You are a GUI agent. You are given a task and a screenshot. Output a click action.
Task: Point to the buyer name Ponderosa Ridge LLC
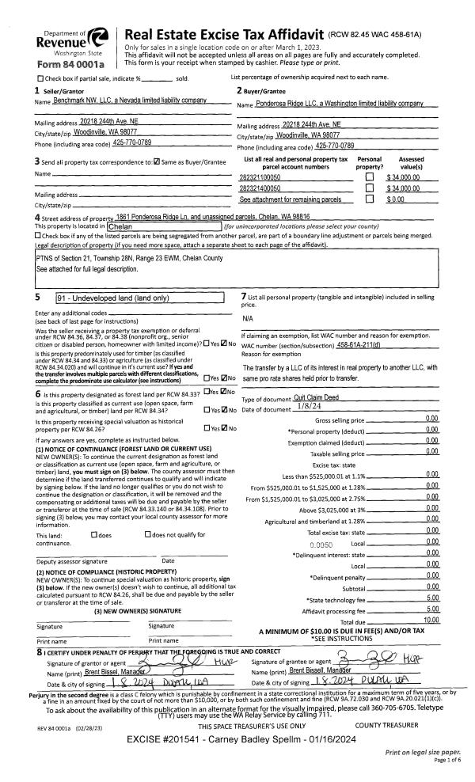(330, 104)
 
